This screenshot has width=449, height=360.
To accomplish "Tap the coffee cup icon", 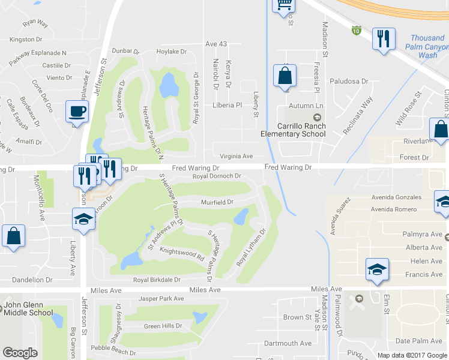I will [x=77, y=111].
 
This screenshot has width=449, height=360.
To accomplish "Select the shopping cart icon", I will [x=284, y=5].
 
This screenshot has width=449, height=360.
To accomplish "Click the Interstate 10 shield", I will [x=357, y=29].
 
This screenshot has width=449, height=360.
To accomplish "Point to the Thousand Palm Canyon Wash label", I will [x=427, y=46].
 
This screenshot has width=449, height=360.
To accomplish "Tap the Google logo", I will [x=20, y=352].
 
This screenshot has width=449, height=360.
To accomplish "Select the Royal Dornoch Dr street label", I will [x=217, y=176].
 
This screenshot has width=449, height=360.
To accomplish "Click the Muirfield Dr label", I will [x=217, y=202].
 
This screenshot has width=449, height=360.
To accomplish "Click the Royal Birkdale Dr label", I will [x=157, y=280].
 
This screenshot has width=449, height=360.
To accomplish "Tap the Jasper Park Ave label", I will [x=161, y=298].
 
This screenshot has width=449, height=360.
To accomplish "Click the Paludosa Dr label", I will [x=348, y=81].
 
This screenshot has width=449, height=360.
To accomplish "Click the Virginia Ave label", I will [x=236, y=156].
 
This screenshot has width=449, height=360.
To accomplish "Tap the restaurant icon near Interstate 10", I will [x=382, y=39].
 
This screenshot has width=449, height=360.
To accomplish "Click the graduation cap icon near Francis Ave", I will [x=376, y=269].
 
